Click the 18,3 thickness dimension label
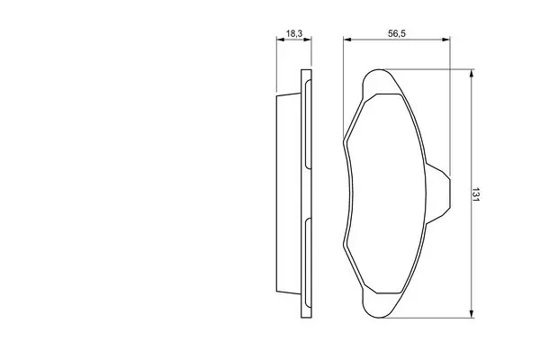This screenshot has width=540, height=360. [x=294, y=33]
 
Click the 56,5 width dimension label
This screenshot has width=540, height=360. [x=397, y=33]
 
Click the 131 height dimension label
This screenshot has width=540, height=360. [x=475, y=194]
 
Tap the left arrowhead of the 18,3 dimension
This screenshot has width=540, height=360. [x=280, y=40]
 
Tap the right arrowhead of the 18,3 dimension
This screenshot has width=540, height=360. [x=308, y=40]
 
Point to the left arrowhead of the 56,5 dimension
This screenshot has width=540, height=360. [x=347, y=40]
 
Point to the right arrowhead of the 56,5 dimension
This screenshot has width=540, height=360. [x=446, y=40]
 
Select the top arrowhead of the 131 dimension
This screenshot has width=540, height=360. [x=472, y=73]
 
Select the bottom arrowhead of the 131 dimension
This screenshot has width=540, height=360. [x=472, y=313]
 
